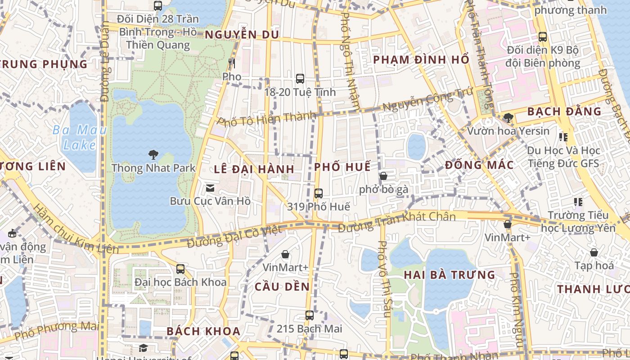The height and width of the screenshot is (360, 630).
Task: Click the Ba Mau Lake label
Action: [x=79, y=138]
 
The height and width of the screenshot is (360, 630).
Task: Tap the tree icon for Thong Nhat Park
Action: [x=153, y=155]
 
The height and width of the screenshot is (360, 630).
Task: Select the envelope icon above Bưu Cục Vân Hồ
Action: [x=210, y=188]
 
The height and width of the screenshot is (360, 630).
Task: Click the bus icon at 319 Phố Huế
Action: [x=319, y=193]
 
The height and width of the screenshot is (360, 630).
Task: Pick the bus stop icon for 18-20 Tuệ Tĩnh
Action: [x=300, y=79]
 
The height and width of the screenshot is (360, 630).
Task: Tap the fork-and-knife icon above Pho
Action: [x=232, y=63]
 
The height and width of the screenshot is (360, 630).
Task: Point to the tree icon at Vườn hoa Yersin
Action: [x=508, y=118]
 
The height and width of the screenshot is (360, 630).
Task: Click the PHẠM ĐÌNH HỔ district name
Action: [x=421, y=59]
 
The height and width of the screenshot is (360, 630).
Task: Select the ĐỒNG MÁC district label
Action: [x=479, y=165]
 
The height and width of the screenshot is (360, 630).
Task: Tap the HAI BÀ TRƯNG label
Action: [x=449, y=275]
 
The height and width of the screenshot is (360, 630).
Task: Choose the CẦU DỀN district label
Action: [x=282, y=287]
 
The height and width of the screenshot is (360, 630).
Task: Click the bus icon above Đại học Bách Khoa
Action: [x=180, y=269]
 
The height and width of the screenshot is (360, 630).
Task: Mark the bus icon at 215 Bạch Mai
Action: [x=309, y=315]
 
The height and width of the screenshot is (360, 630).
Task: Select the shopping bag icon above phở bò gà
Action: [x=383, y=176]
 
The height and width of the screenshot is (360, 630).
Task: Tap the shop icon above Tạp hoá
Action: [x=594, y=252]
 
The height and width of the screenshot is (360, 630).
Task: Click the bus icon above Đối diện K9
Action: [x=543, y=37]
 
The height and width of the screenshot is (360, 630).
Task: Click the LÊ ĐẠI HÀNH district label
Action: [x=254, y=169]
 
